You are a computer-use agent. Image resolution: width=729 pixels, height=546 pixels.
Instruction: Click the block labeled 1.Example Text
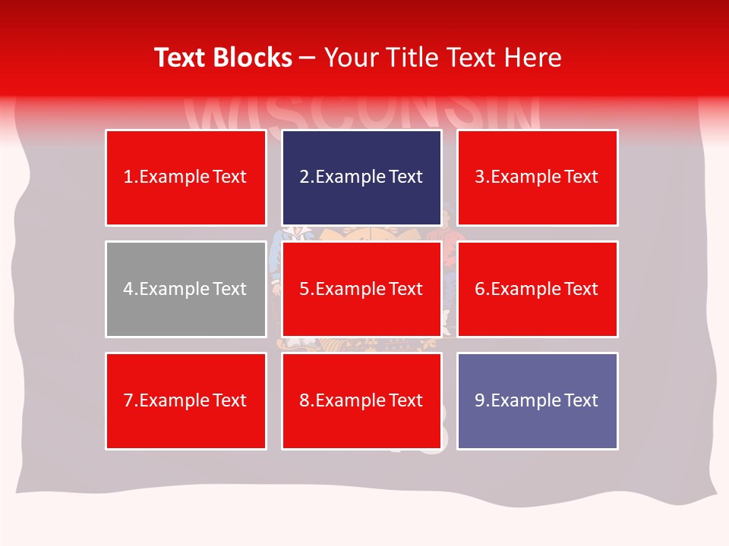[185, 177]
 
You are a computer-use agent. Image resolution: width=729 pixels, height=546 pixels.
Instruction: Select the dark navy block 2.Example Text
[361, 177]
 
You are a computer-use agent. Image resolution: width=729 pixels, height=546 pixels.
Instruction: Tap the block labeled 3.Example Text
[537, 177]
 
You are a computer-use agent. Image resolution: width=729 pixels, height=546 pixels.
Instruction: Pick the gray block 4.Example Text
[185, 289]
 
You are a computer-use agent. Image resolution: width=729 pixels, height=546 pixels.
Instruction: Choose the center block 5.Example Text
[361, 289]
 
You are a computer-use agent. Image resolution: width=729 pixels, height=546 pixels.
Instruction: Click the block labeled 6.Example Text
[537, 289]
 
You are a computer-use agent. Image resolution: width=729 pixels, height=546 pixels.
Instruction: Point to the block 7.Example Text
[185, 400]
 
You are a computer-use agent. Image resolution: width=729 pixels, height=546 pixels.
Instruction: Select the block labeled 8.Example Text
[361, 400]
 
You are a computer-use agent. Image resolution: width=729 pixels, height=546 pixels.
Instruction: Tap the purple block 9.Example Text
[537, 400]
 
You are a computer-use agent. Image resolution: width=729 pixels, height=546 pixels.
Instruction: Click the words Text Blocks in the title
[222, 58]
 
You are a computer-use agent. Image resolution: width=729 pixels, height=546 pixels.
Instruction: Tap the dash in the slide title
[308, 58]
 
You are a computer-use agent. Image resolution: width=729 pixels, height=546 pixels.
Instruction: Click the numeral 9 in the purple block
[480, 400]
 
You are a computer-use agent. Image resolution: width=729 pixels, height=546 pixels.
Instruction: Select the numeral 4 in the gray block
[128, 289]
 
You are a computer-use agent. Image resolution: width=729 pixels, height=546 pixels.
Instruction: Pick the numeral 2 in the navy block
[305, 177]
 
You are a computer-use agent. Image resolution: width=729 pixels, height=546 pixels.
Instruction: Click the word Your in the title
[347, 58]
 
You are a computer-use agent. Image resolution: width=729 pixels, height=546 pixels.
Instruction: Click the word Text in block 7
[230, 400]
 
